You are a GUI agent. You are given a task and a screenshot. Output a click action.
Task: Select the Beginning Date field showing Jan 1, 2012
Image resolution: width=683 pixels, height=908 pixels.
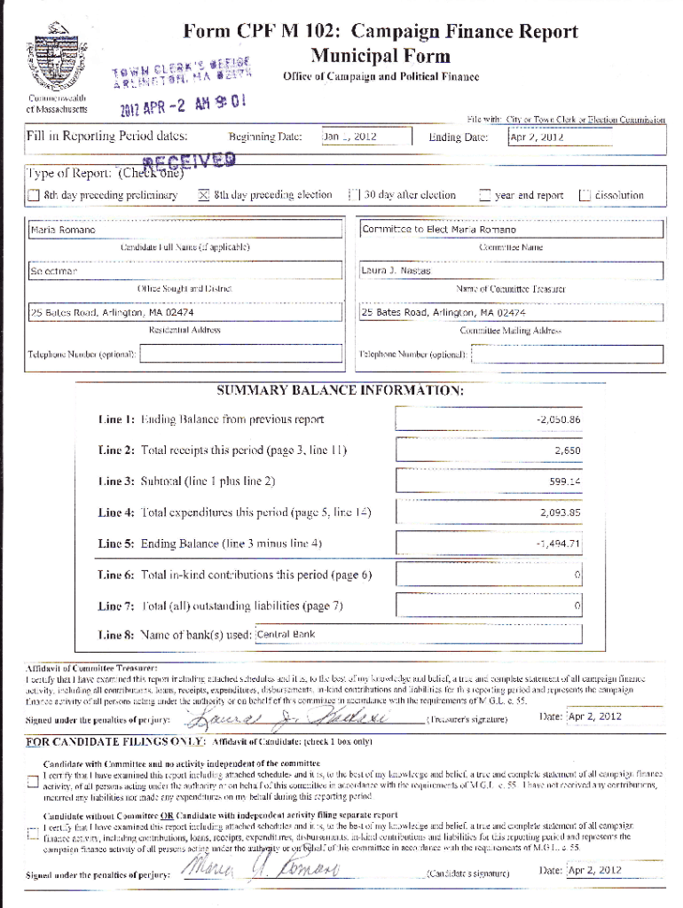(365, 137)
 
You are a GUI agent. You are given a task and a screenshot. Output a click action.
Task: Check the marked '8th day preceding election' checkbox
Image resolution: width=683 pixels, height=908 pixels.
(202, 195)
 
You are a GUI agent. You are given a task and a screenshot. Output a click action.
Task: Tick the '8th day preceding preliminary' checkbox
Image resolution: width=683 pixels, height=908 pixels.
(33, 195)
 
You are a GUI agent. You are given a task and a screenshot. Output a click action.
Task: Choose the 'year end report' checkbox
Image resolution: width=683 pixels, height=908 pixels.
(484, 195)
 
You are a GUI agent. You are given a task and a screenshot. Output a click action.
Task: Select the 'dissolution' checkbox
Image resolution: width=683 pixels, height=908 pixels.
(584, 195)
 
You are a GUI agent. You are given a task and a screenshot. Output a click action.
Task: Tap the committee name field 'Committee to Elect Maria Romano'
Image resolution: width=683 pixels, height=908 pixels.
(511, 230)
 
